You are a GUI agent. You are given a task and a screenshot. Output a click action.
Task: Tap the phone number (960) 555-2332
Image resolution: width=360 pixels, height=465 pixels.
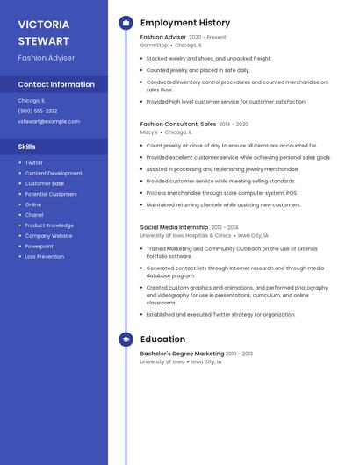38,111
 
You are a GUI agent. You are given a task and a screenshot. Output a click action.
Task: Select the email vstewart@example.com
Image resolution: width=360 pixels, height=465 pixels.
48,122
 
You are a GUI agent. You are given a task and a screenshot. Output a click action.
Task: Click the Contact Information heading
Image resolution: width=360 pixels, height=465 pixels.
56,85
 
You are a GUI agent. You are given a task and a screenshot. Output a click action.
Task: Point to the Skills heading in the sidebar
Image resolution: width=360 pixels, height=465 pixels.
27,147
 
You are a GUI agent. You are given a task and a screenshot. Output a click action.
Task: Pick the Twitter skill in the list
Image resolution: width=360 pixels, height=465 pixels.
33,162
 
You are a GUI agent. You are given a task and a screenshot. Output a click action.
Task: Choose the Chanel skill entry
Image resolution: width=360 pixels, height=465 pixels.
33,215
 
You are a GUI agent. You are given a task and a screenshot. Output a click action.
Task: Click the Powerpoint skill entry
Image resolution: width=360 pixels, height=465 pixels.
39,247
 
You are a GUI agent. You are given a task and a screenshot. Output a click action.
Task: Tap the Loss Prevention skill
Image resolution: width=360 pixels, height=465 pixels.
44,257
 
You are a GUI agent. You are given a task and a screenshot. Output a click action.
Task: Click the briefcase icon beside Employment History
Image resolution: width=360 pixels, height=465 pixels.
126,23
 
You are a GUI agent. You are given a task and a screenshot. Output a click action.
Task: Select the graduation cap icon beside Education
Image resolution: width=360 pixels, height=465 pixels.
126,340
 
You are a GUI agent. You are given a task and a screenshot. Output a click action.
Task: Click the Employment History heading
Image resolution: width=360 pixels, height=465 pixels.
185,23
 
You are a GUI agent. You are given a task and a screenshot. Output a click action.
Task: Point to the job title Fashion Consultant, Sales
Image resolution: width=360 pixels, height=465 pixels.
178,125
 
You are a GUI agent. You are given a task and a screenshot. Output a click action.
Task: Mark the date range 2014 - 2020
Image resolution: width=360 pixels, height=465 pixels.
234,125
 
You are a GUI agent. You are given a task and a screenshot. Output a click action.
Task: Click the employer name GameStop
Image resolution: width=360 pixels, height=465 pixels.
154,45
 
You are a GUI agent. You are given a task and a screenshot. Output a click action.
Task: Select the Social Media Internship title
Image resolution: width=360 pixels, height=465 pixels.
174,227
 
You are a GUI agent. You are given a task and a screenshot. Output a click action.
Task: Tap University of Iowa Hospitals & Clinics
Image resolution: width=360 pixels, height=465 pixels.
185,235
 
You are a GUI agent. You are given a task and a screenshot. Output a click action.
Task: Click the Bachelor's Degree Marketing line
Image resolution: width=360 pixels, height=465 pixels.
182,354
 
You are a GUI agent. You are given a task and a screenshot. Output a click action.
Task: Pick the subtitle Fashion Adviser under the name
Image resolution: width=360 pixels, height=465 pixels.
47,58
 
